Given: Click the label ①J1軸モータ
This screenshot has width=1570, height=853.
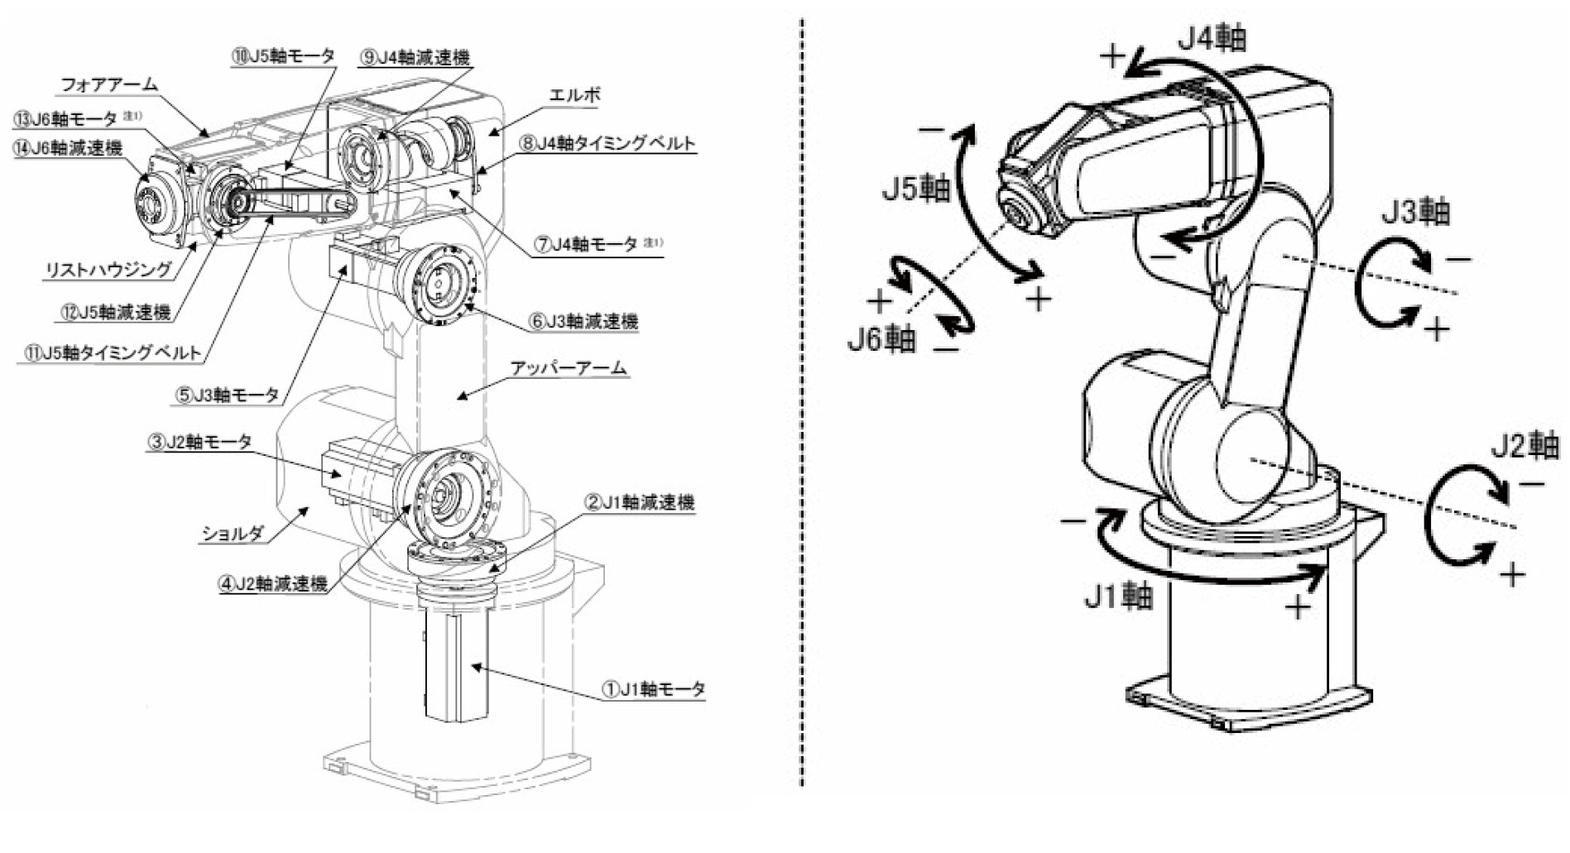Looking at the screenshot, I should [653, 688].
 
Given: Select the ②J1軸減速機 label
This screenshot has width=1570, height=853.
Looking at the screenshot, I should [640, 502].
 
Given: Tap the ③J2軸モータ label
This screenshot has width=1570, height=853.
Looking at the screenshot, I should [199, 442].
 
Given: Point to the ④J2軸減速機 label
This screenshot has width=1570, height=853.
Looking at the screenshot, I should [272, 583].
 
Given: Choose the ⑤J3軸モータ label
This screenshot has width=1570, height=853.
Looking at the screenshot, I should [227, 395].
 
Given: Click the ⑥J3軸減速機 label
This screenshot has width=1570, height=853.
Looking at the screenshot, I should [583, 321].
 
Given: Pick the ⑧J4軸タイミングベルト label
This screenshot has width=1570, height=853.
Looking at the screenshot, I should [607, 142].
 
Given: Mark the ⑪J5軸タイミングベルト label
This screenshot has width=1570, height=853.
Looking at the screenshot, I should [113, 352].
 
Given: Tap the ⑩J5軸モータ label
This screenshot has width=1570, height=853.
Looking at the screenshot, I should [283, 55].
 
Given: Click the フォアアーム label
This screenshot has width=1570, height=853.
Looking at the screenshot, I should [109, 84].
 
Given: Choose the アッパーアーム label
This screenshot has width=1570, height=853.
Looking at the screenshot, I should [568, 368].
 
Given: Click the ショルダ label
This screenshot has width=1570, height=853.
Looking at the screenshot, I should [233, 534].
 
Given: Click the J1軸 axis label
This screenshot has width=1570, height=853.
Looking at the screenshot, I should [1119, 595].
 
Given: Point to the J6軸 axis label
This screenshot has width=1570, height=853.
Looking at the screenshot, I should [881, 338].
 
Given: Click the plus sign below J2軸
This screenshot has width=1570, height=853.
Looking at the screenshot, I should [1512, 574].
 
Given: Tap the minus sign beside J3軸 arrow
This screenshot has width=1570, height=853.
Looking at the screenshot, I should [1458, 259].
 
